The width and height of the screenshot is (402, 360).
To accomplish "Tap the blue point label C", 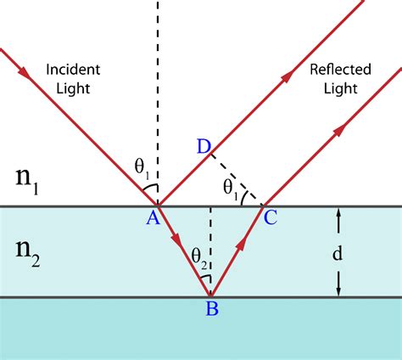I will [271, 218].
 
